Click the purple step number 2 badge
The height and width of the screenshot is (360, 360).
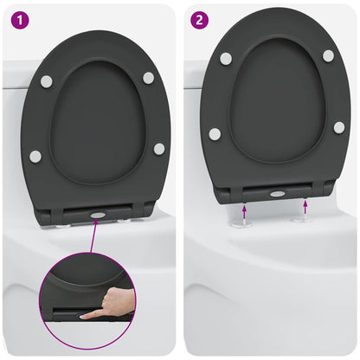tap(199, 16)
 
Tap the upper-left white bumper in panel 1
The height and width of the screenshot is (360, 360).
tap(46, 80)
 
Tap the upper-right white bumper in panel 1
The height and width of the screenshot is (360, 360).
tap(148, 78)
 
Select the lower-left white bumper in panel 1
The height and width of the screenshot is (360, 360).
tap(35, 156)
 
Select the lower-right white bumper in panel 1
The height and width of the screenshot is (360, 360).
tap(159, 149)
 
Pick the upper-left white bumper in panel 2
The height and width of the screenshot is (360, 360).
tap(226, 58)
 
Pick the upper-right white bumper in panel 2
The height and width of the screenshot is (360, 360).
tap(328, 55)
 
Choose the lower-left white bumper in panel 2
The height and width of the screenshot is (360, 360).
tap(215, 134)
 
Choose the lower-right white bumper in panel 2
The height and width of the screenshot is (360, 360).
tap(339, 127)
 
